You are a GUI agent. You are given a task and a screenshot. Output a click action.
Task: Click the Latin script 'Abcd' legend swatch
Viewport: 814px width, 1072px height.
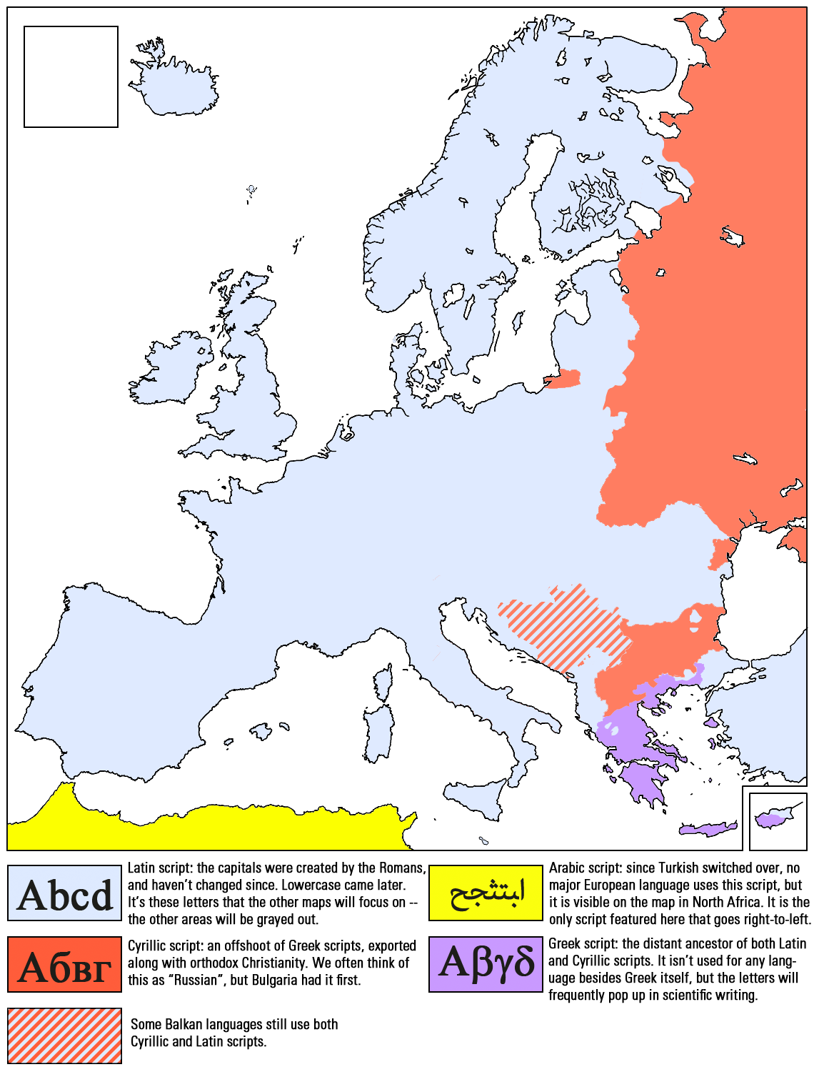click(x=65, y=893)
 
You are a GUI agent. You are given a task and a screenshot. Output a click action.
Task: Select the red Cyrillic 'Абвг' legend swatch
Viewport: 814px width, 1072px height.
click(x=65, y=965)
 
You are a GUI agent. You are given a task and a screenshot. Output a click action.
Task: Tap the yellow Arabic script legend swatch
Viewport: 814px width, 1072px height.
click(x=486, y=893)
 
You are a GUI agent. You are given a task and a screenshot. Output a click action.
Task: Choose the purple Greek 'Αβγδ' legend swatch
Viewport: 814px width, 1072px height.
click(x=486, y=965)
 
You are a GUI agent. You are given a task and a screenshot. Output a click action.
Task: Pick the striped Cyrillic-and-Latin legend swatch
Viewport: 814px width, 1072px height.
click(x=65, y=1036)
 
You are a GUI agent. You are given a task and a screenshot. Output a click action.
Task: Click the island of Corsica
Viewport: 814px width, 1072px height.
click(x=383, y=683)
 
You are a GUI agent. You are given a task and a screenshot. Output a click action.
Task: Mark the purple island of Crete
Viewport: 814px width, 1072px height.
click(x=707, y=830)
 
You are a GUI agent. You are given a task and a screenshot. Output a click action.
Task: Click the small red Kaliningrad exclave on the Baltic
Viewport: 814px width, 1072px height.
click(x=564, y=379)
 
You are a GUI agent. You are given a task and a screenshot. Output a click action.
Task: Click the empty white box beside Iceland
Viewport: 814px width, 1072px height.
click(x=71, y=77)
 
